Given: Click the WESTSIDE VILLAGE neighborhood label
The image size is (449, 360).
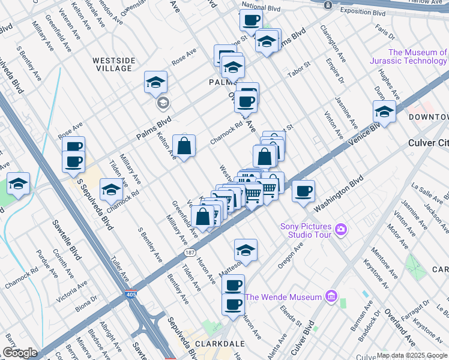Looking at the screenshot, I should (x=112, y=64).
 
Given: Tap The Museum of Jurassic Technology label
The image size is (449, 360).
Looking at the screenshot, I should (x=417, y=56).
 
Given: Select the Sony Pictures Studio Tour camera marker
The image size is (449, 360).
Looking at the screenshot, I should (x=342, y=229).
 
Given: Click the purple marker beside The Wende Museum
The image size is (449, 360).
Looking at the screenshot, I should (x=330, y=296).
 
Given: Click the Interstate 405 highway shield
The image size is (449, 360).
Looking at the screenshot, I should (x=131, y=295).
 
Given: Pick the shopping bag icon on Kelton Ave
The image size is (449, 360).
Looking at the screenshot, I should (x=184, y=146).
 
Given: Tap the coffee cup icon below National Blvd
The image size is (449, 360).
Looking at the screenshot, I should (x=251, y=20).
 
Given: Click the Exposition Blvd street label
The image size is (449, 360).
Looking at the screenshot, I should (x=363, y=12).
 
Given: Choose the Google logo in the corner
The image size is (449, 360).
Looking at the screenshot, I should (x=20, y=352).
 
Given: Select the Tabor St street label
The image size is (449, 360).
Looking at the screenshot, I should (x=298, y=70).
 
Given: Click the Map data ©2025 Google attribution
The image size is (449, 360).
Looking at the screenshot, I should (x=411, y=355).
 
